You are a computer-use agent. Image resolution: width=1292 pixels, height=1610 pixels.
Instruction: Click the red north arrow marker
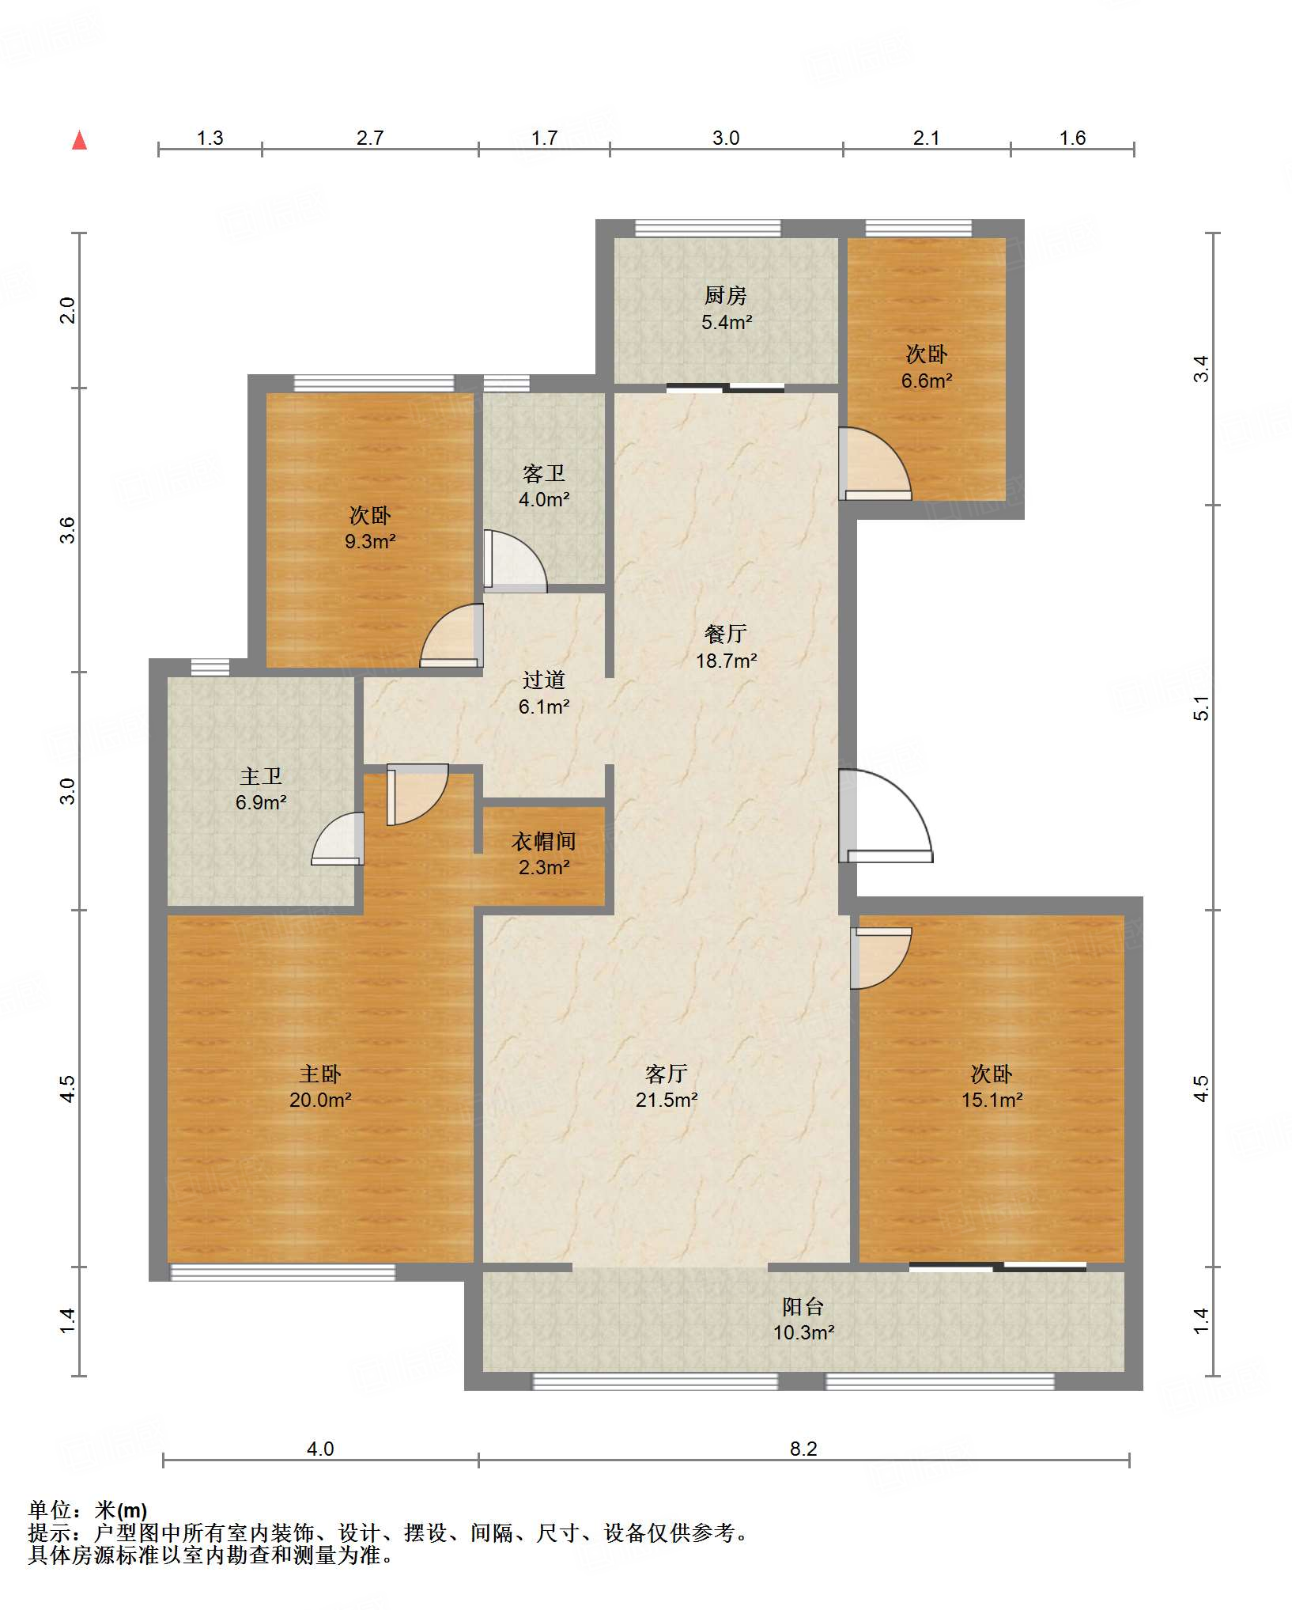point(79,140)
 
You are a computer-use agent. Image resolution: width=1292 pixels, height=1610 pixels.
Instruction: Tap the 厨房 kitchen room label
point(725,296)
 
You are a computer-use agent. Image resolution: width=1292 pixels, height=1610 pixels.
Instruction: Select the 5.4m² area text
point(726,322)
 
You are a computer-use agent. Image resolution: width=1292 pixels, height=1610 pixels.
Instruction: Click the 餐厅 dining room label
point(725,634)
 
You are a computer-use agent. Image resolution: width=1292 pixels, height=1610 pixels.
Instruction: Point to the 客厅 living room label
point(666,1074)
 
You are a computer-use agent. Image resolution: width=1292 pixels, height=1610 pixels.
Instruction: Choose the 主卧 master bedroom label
point(319,1074)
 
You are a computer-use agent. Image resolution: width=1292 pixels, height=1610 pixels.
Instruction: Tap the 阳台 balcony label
point(803,1306)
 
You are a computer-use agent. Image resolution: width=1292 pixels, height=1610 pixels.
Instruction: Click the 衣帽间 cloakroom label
point(543,841)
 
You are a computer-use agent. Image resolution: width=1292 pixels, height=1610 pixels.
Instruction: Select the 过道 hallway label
point(543,680)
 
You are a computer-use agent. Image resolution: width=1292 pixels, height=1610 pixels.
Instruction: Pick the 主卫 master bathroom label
point(260,776)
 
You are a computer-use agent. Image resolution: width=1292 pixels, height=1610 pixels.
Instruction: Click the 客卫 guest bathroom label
point(543,473)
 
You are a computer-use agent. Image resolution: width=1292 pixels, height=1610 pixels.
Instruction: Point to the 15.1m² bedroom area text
point(992,1100)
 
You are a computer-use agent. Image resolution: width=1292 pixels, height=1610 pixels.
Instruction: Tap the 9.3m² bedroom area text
point(369,541)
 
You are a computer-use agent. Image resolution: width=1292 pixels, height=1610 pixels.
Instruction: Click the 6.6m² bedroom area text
point(927,381)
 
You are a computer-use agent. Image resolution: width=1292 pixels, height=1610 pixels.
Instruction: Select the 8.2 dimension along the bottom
point(803,1449)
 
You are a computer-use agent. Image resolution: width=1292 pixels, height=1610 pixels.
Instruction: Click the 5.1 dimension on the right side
point(1201,708)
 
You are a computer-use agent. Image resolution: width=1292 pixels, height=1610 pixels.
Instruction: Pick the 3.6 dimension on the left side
point(68,529)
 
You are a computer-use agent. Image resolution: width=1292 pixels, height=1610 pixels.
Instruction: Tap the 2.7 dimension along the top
point(369,138)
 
